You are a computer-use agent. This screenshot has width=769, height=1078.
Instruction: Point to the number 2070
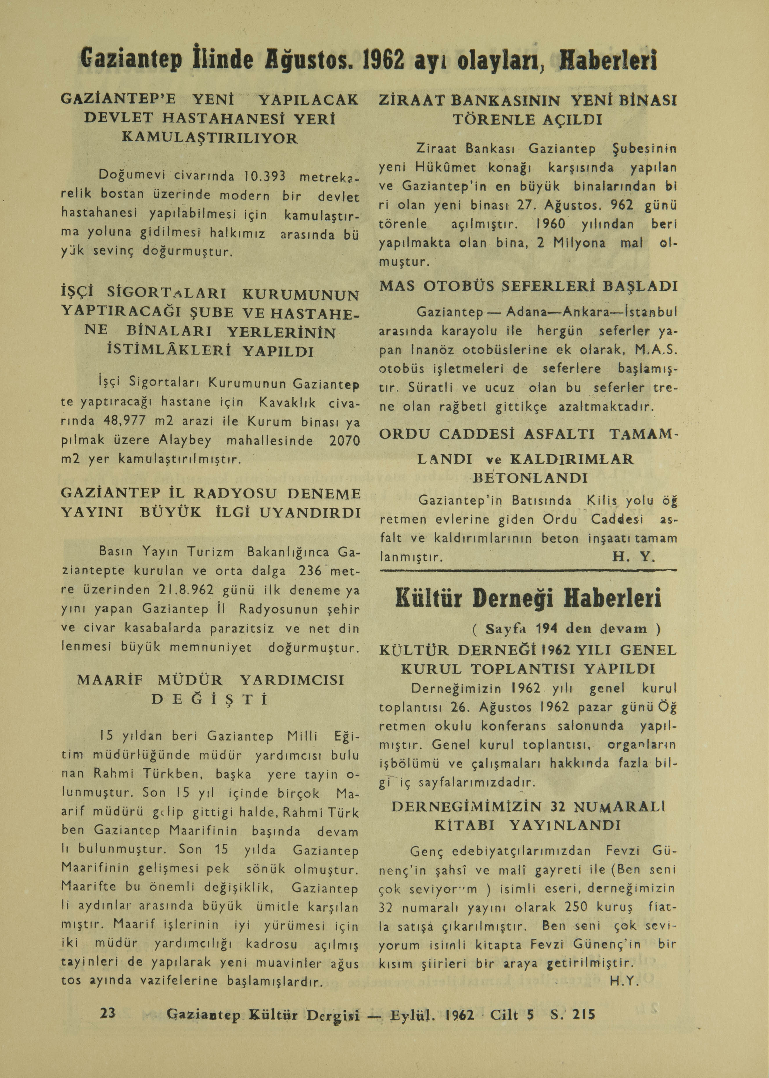click(344, 441)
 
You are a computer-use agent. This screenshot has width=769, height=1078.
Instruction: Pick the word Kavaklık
click(291, 403)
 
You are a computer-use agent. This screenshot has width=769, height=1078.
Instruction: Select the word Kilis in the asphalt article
click(602, 501)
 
